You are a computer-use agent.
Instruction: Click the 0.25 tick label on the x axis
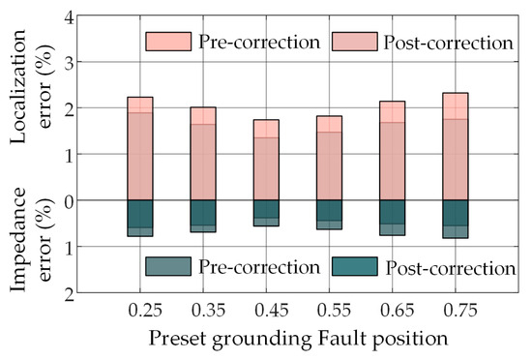point(145,310)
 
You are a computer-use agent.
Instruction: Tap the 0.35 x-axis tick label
point(208,310)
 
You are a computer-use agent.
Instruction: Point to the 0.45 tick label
point(272,310)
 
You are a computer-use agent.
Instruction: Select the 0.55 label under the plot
point(335,310)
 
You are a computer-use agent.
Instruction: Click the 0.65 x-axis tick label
point(398,310)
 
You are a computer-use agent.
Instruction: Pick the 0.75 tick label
point(460,310)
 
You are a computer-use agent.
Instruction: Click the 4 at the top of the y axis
point(69,17)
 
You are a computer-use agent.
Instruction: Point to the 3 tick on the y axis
point(69,63)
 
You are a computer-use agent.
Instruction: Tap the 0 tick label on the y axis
point(69,201)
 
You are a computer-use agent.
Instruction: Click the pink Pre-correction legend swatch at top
point(168,42)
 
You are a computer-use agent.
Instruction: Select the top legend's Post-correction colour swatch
point(355,42)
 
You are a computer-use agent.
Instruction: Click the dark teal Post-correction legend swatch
point(355,266)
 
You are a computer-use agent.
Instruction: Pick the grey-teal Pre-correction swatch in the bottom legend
point(168,266)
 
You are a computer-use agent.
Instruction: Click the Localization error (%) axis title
point(32,86)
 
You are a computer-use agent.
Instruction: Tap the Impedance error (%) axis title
point(32,239)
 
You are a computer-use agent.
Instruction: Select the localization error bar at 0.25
point(140,149)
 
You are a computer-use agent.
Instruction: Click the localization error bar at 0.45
point(266,160)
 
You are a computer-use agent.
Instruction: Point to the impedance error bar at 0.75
point(456,219)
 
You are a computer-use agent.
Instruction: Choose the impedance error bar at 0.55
point(330,215)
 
